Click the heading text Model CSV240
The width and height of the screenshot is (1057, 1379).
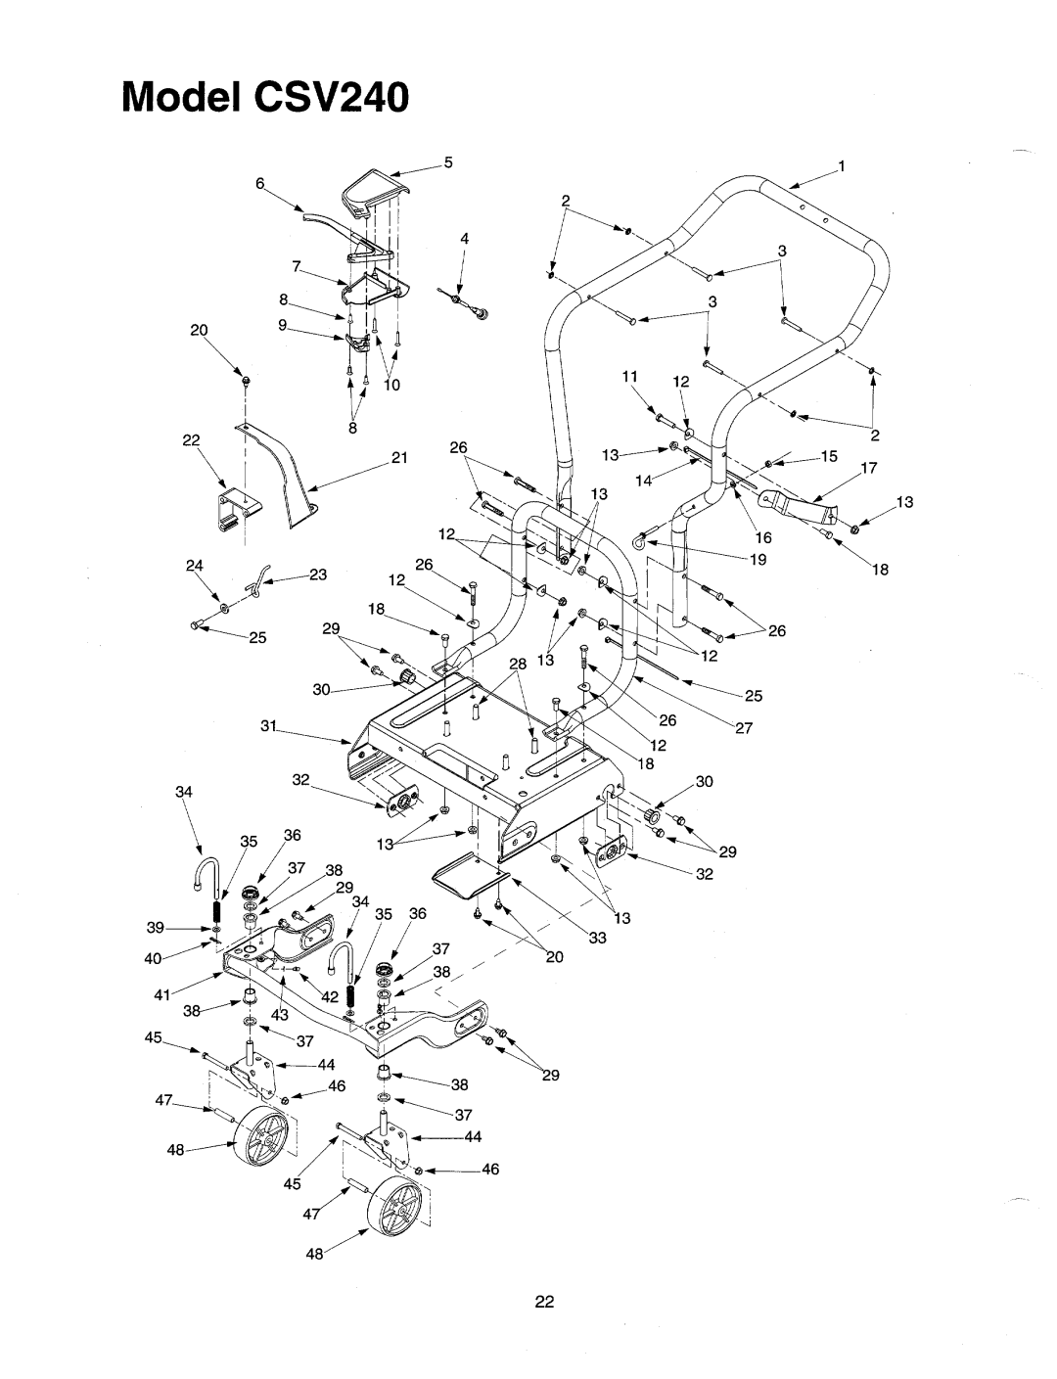tap(265, 98)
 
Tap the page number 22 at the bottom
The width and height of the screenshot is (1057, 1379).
tap(544, 1302)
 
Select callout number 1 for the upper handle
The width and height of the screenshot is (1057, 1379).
tap(842, 166)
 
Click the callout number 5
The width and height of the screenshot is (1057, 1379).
tap(448, 162)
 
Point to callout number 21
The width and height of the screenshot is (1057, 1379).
tap(399, 457)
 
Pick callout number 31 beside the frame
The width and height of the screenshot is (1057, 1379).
tap(269, 725)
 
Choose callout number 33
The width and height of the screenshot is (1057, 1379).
tap(598, 938)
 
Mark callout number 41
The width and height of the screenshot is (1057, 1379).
tap(162, 994)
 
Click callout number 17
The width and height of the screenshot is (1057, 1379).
tap(868, 468)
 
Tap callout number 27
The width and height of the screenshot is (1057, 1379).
tap(744, 728)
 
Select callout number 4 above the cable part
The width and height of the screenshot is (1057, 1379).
tap(465, 239)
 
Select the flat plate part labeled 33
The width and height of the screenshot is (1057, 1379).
tap(471, 876)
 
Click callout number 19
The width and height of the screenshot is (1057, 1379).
tap(758, 559)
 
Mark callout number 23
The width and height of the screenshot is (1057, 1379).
tap(318, 575)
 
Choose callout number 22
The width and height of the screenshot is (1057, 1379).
tap(191, 439)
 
